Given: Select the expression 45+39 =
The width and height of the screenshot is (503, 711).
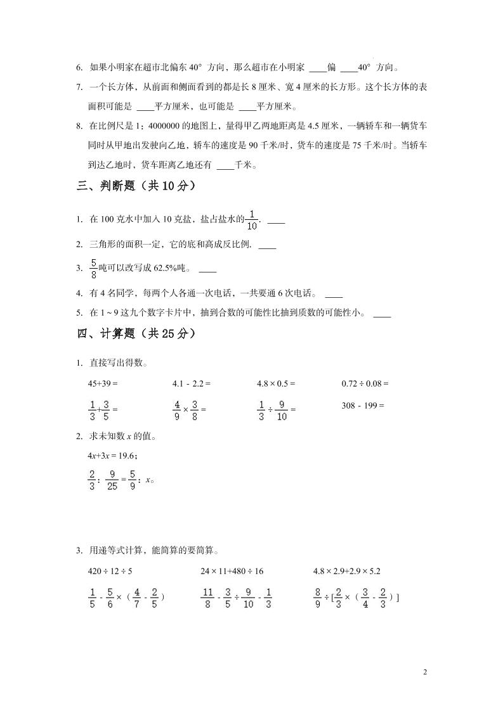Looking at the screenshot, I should coord(103,383).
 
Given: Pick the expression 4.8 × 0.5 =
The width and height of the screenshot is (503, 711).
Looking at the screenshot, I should coord(276,383).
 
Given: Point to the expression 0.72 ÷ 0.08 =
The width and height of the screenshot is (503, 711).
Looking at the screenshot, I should coord(365,383).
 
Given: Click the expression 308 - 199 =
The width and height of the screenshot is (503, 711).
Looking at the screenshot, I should coord(363,405).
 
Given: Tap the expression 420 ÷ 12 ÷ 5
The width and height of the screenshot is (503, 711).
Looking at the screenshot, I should coord(110,571).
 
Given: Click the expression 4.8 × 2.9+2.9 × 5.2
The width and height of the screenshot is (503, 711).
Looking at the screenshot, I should coord(347,571).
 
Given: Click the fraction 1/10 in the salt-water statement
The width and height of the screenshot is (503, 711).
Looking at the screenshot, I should coord(252,219).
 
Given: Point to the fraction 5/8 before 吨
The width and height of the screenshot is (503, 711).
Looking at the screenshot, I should coord(93,268).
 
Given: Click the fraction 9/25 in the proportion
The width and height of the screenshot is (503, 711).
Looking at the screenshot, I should coord(112,480).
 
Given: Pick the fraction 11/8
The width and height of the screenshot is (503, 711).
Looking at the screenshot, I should coord(207,597).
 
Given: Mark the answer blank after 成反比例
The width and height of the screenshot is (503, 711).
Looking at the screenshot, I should coord(267,245).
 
